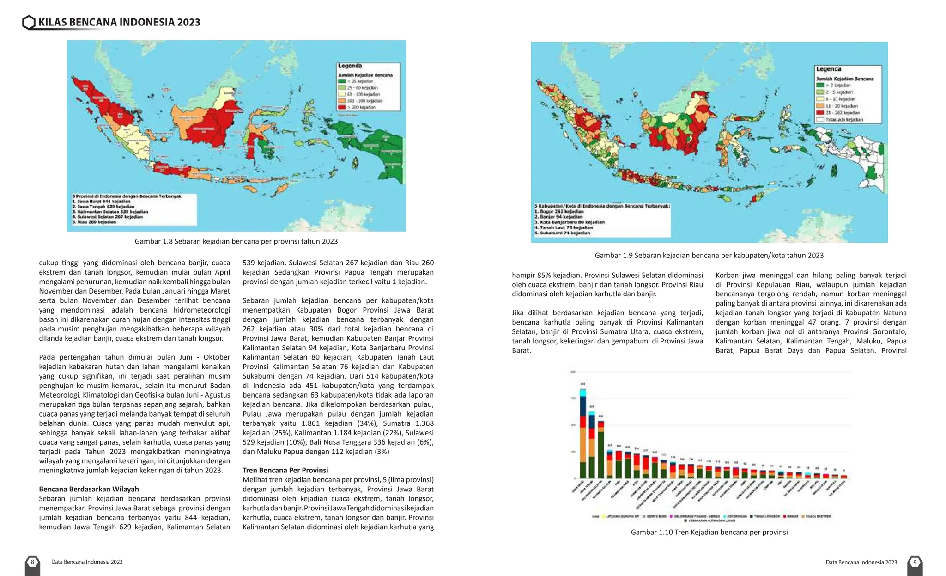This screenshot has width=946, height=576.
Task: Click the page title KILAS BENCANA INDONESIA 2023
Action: [119, 22]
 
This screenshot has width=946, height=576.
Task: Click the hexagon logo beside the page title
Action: [29, 22]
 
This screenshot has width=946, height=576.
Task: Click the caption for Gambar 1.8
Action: [236, 241]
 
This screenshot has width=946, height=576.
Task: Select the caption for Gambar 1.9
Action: [709, 255]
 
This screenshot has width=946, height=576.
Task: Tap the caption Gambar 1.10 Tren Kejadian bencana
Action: [709, 532]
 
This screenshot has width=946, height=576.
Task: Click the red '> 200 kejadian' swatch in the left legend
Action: [342, 107]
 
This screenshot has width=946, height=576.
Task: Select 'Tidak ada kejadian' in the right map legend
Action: [843, 120]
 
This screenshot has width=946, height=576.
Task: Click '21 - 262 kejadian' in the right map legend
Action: [842, 113]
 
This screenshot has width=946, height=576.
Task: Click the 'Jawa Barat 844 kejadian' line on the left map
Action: [101, 202]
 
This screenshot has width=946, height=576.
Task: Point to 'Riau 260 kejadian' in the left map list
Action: [94, 222]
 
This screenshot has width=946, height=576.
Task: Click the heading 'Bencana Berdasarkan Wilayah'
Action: [89, 489]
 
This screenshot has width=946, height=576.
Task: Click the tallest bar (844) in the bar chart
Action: [583, 435]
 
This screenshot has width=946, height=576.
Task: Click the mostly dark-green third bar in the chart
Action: [600, 451]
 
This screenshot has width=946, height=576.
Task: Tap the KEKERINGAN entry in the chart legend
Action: [737, 516]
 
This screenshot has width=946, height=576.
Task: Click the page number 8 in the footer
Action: [32, 562]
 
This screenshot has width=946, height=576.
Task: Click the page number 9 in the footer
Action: [915, 562]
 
